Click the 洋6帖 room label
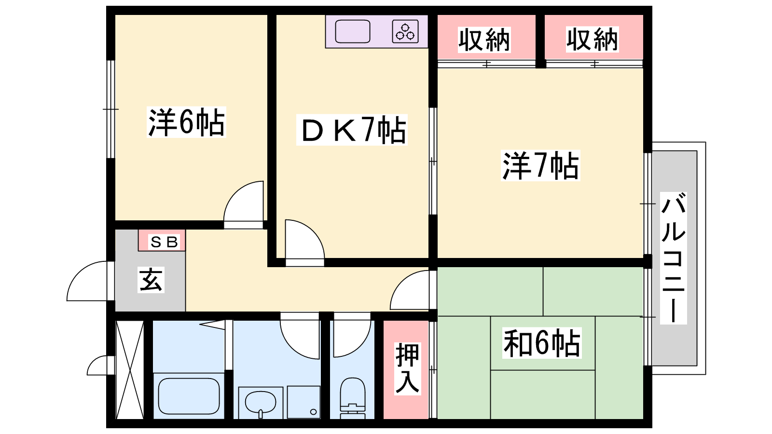[x=186, y=122]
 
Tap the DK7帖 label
[x=352, y=130]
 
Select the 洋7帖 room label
[x=540, y=166]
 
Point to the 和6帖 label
[x=541, y=343]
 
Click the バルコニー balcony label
[x=673, y=258]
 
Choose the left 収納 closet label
[x=484, y=40]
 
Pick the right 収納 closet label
[x=592, y=40]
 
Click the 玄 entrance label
[x=151, y=280]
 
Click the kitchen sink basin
[x=353, y=31]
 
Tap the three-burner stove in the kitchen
[x=405, y=31]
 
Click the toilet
[x=353, y=397]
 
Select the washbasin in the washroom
[x=261, y=402]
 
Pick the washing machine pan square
[x=304, y=402]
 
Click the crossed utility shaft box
[x=130, y=370]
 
